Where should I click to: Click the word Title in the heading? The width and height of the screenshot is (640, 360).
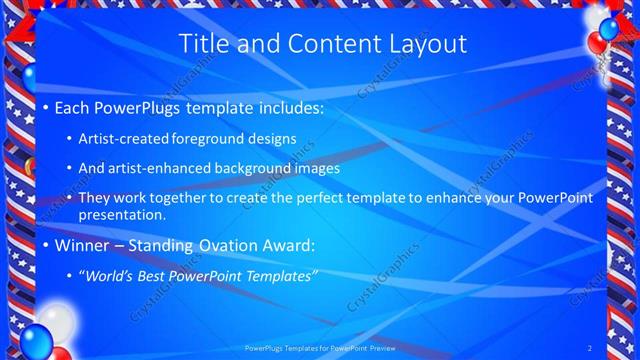(202, 44)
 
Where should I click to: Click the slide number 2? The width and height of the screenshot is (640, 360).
(590, 348)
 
